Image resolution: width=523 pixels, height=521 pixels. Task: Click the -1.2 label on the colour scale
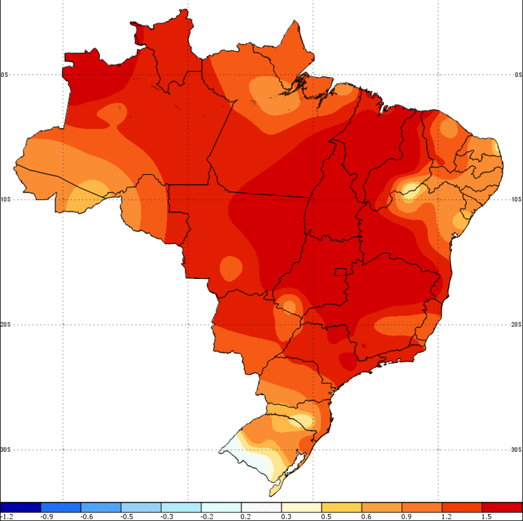pyautogui.click(x=7, y=517)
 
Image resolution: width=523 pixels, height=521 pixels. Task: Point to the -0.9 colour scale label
pyautogui.click(x=47, y=517)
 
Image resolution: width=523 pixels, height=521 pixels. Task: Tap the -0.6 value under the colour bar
pyautogui.click(x=87, y=517)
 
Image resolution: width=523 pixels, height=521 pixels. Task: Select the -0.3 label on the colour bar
pyautogui.click(x=167, y=517)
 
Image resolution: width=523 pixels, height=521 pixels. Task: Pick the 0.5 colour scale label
pyautogui.click(x=326, y=517)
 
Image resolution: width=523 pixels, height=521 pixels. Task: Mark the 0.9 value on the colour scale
pyautogui.click(x=406, y=517)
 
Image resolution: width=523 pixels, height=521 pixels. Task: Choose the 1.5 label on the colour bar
pyautogui.click(x=487, y=517)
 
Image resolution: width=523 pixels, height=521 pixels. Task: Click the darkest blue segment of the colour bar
pyautogui.click(x=20, y=507)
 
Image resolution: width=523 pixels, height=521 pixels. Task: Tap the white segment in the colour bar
pyautogui.click(x=261, y=507)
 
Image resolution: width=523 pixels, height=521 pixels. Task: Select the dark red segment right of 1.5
pyautogui.click(x=502, y=507)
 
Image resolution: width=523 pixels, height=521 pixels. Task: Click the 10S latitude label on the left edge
pyautogui.click(x=4, y=200)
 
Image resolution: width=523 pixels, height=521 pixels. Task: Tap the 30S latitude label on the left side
pyautogui.click(x=4, y=450)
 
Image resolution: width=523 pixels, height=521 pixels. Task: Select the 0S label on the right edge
pyautogui.click(x=519, y=75)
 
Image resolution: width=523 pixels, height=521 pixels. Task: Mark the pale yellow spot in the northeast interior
pyautogui.click(x=410, y=191)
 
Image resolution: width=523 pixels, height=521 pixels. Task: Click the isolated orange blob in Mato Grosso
pyautogui.click(x=231, y=267)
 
